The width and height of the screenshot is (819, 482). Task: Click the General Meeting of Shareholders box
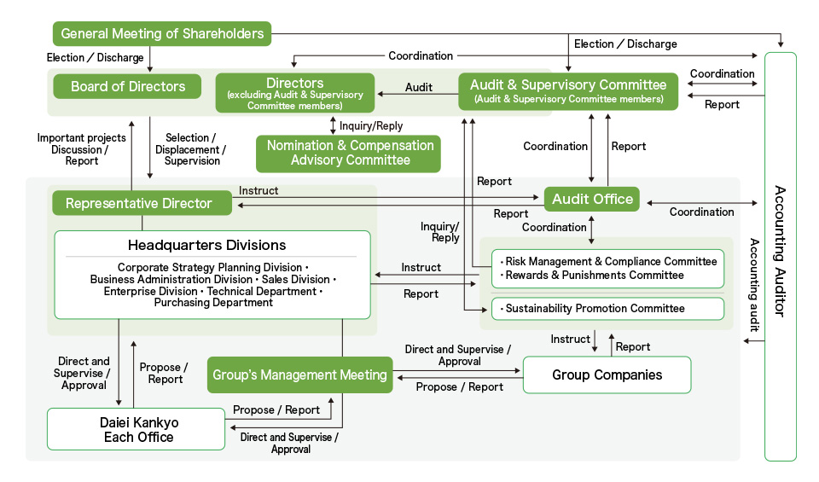point(162,34)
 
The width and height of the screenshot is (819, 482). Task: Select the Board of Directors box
point(128,86)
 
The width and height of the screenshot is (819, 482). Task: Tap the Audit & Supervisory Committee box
point(568,90)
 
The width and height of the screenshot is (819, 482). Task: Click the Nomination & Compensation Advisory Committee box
point(350,153)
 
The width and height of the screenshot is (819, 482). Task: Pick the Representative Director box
point(139,203)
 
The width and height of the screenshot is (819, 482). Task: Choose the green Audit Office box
point(592,200)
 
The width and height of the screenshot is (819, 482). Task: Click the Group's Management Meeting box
point(299,375)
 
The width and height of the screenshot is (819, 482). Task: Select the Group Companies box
point(607,375)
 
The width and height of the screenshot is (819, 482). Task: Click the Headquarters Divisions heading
point(207,246)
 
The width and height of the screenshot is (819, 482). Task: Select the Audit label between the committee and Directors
point(418,87)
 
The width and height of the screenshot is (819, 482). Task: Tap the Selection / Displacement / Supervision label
point(192,148)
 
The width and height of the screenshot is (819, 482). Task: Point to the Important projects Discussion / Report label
point(82,148)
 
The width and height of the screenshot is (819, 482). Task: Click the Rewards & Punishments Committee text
point(595,275)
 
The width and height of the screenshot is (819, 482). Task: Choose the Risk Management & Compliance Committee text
point(609,261)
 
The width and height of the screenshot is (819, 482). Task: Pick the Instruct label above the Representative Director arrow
point(258,191)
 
